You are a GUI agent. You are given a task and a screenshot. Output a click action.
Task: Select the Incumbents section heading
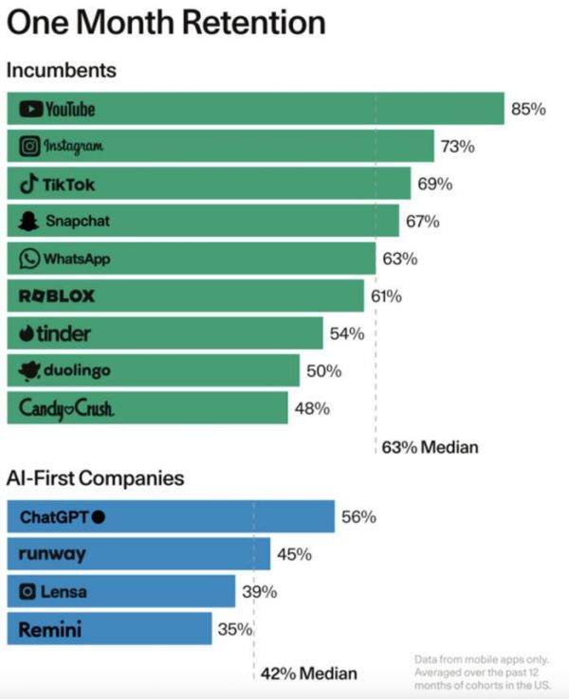(x=61, y=71)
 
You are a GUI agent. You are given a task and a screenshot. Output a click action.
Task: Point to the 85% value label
(x=528, y=109)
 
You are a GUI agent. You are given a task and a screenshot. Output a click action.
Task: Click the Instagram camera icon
(x=29, y=146)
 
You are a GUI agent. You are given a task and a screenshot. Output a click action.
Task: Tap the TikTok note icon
(x=28, y=183)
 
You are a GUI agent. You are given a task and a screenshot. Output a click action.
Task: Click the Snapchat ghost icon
(x=28, y=221)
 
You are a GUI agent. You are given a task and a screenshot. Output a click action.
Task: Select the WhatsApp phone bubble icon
(x=29, y=258)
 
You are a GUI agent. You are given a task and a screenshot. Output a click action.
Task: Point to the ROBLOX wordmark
(x=57, y=296)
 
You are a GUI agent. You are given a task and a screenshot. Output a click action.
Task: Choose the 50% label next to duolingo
(x=323, y=370)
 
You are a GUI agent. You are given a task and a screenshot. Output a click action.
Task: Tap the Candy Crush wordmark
(x=67, y=408)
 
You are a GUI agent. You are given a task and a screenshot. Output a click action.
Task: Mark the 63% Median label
(x=431, y=447)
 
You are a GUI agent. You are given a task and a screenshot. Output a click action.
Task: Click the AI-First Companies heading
(x=95, y=479)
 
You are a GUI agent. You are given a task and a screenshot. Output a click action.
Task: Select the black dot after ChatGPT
(x=99, y=517)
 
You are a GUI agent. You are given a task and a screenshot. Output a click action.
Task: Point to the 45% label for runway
(x=294, y=554)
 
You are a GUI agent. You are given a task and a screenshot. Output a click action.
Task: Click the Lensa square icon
(x=28, y=592)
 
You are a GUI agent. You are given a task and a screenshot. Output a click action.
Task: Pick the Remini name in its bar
(x=49, y=628)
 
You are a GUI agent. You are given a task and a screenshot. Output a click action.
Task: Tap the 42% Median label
(x=310, y=673)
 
